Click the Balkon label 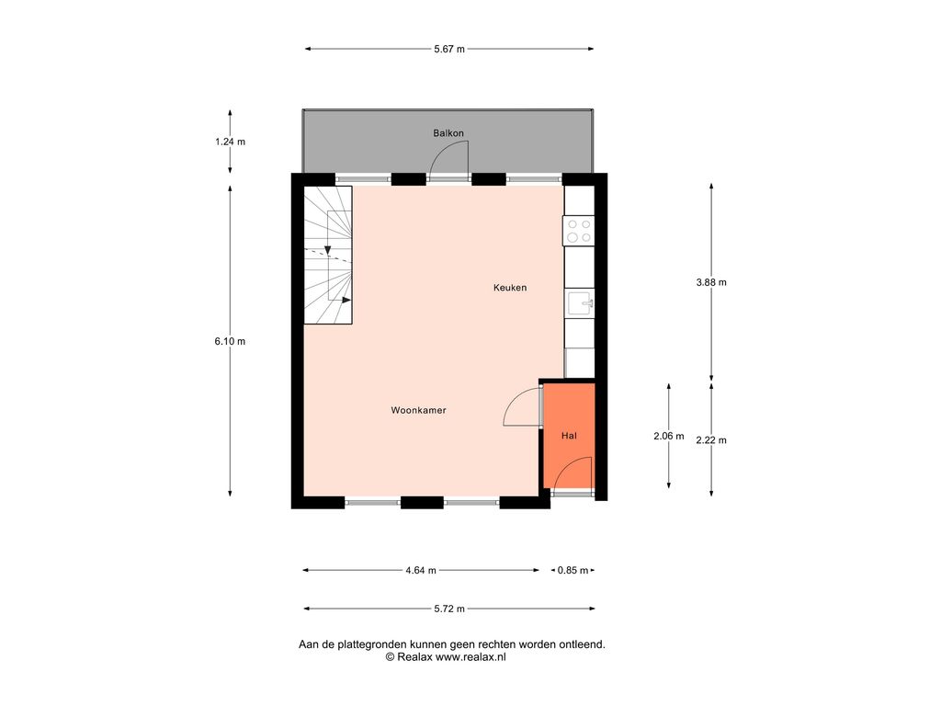pyautogui.click(x=448, y=132)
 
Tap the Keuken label pyautogui.click(x=510, y=288)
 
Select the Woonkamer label pyautogui.click(x=418, y=410)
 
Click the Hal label pyautogui.click(x=569, y=435)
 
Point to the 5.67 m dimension pyautogui.click(x=449, y=50)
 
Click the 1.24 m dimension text pyautogui.click(x=231, y=142)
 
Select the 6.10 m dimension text pyautogui.click(x=230, y=341)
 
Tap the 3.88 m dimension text pyautogui.click(x=711, y=282)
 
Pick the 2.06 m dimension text pyautogui.click(x=669, y=436)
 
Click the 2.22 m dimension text pyautogui.click(x=711, y=440)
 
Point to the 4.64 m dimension pyautogui.click(x=421, y=570)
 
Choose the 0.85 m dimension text pyautogui.click(x=573, y=570)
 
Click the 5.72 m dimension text pyautogui.click(x=449, y=609)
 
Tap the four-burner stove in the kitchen pyautogui.click(x=579, y=231)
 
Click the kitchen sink pyautogui.click(x=580, y=303)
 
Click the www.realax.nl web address pyautogui.click(x=470, y=656)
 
